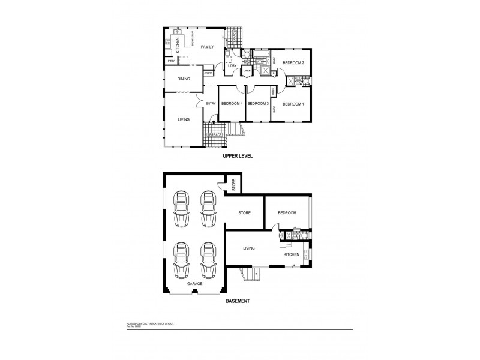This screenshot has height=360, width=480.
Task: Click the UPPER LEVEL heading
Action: click(x=238, y=155)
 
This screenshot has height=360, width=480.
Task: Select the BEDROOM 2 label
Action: click(x=294, y=63)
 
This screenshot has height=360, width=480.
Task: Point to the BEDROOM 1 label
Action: click(x=293, y=104)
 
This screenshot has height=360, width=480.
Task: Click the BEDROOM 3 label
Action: click(x=258, y=104)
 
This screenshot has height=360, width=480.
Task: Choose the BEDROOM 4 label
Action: click(x=232, y=104)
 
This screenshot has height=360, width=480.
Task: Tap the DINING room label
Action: click(x=183, y=79)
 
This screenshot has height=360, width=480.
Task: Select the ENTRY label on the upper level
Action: click(x=211, y=104)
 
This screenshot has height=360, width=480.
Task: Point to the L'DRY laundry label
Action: click(x=232, y=65)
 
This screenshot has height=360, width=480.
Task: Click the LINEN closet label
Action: click(x=247, y=71)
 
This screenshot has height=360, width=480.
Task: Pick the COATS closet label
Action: click(x=208, y=73)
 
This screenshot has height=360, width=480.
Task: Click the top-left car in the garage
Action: click(x=179, y=209)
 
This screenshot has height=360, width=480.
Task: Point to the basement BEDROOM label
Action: click(x=287, y=212)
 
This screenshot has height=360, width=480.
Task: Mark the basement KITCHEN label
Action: click(x=291, y=254)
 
